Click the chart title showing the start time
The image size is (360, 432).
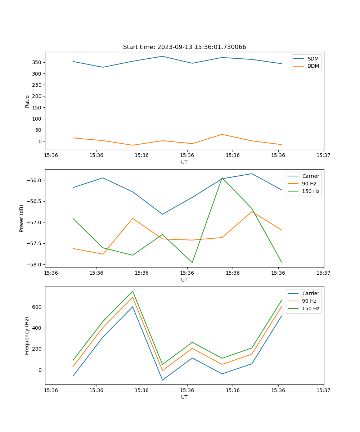point(184,47)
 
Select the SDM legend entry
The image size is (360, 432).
point(313,59)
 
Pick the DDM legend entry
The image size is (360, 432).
point(313,66)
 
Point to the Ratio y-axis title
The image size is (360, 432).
point(27,101)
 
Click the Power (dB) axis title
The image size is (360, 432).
point(22,218)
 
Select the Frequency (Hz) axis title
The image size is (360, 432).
point(27,336)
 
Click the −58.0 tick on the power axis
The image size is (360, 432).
point(34,265)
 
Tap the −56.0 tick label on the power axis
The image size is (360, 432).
point(34,180)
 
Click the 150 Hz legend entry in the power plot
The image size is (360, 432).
point(311,191)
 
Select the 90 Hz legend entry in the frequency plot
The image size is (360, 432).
point(309,301)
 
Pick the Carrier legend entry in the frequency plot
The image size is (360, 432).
point(310,293)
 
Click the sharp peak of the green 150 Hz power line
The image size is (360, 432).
point(222,178)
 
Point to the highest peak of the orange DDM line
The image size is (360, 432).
point(222,134)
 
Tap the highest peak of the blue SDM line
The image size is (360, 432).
point(162,56)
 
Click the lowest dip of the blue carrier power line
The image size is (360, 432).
point(162,214)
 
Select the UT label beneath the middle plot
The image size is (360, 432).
point(184,280)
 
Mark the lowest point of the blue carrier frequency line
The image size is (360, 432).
point(162,380)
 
